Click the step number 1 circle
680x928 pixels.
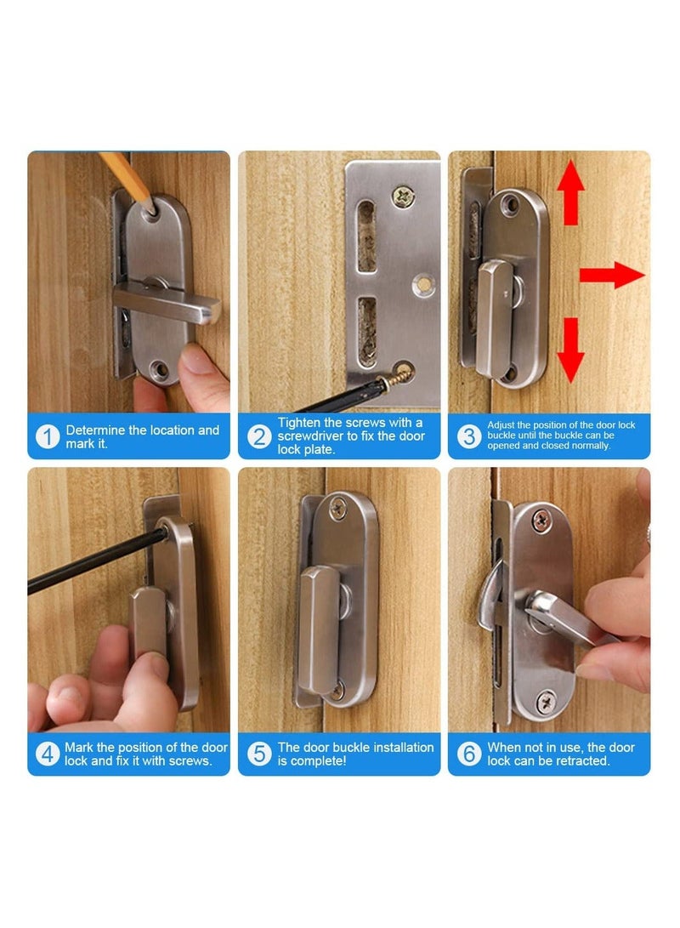(x=48, y=437)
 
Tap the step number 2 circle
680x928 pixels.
(x=258, y=437)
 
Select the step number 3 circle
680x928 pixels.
(x=468, y=437)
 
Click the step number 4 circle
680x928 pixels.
(x=48, y=754)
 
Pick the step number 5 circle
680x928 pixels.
(x=258, y=754)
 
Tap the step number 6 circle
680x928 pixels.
(x=468, y=754)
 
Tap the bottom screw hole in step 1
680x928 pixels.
(x=157, y=368)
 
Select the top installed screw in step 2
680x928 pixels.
(x=404, y=198)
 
